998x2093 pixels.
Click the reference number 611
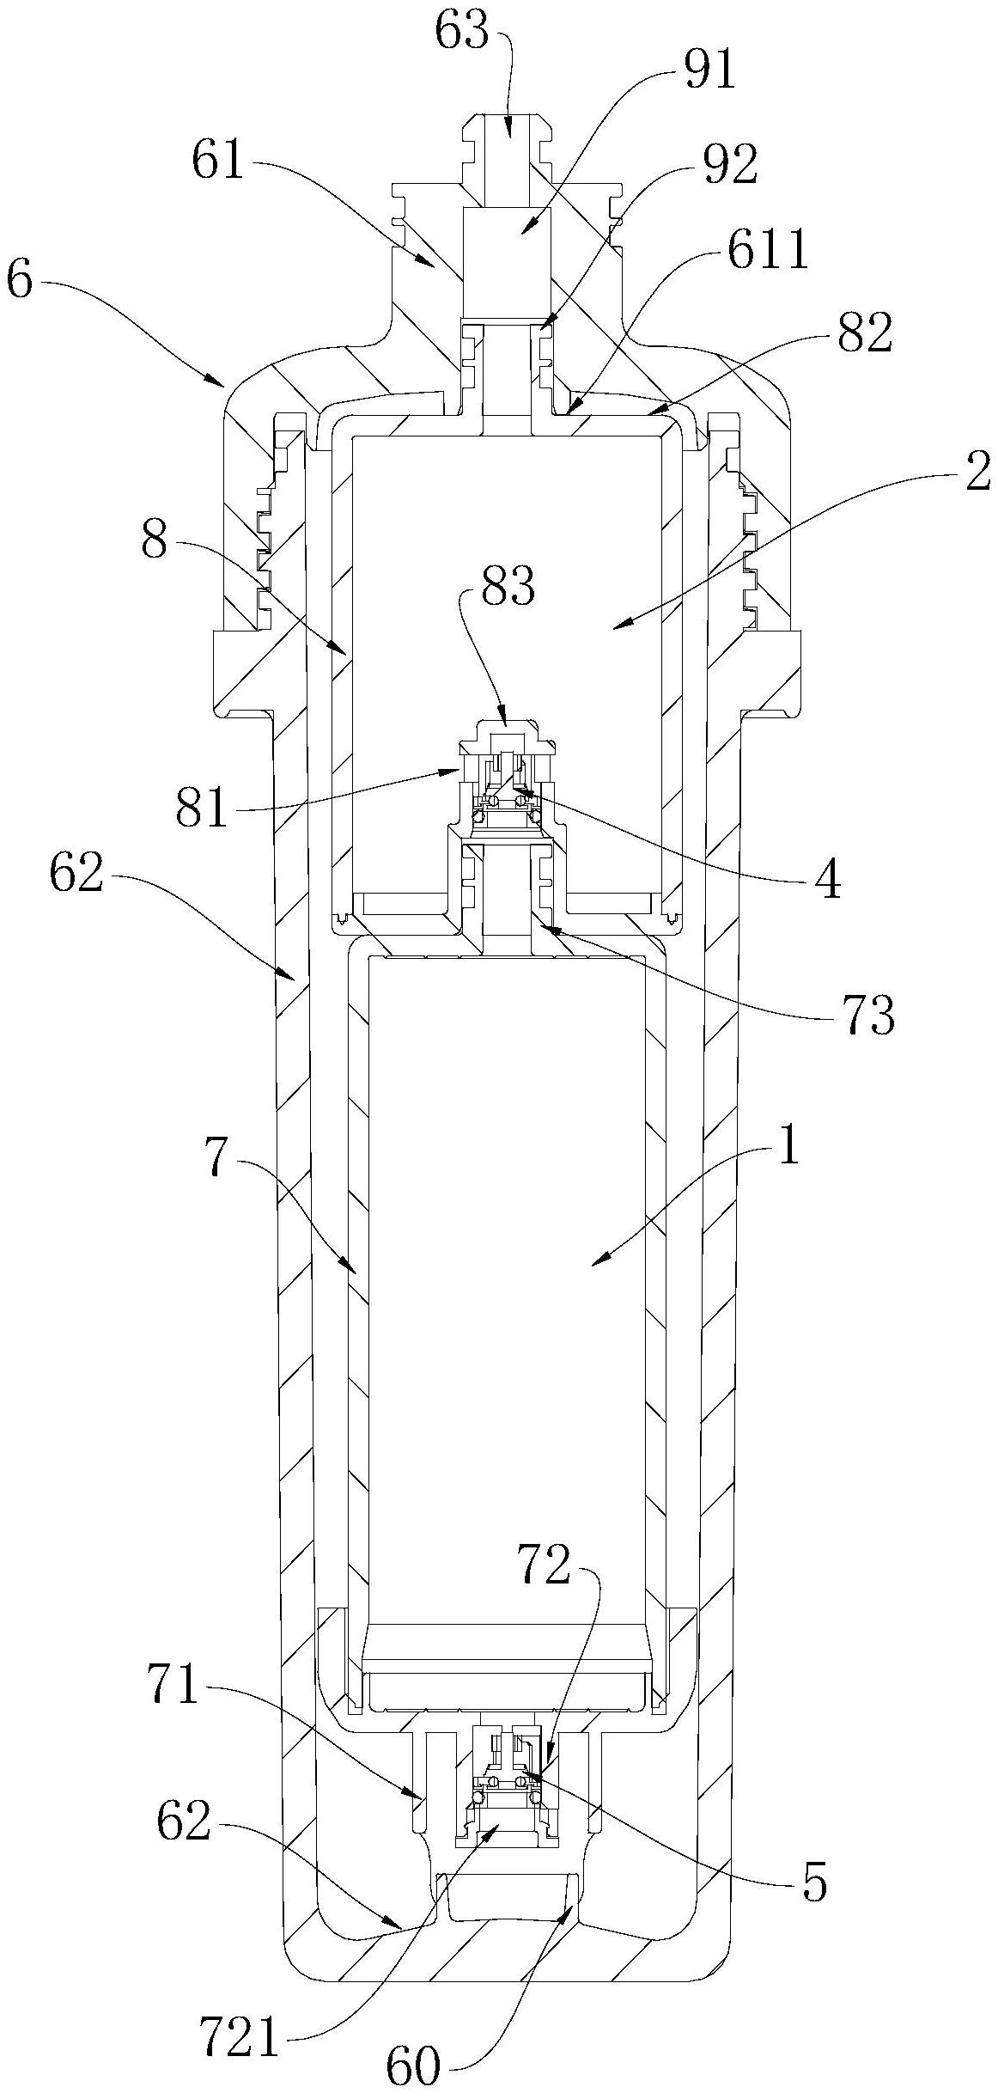[x=766, y=251]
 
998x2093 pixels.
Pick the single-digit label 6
[x=20, y=280]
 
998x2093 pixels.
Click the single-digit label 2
[x=977, y=473]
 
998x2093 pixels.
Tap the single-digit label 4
[x=827, y=880]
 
